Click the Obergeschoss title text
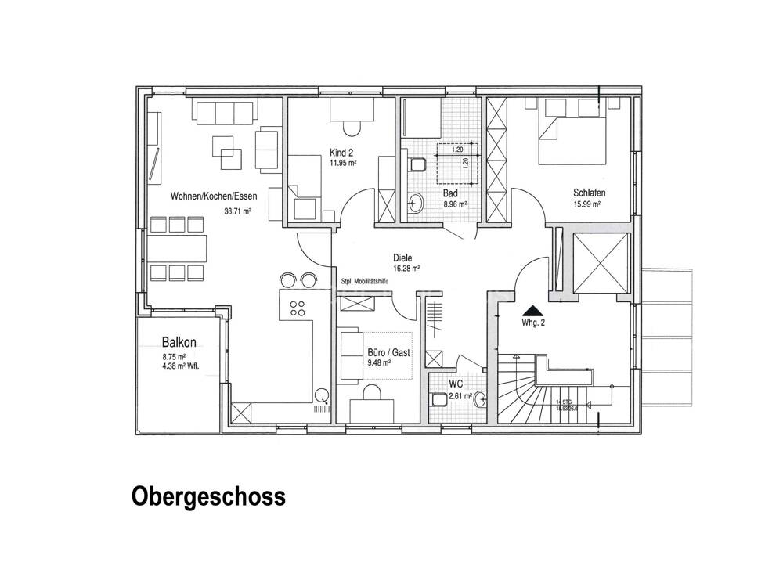tap(208, 496)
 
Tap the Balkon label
tap(179, 342)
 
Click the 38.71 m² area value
tap(236, 211)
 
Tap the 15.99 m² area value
tap(586, 204)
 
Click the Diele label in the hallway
tap(402, 257)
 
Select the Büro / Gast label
tap(389, 353)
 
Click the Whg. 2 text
tap(532, 322)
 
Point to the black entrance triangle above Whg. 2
tap(532, 310)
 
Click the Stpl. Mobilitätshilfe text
tap(369, 282)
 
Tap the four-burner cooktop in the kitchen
tap(298, 308)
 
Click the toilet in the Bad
tap(417, 164)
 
